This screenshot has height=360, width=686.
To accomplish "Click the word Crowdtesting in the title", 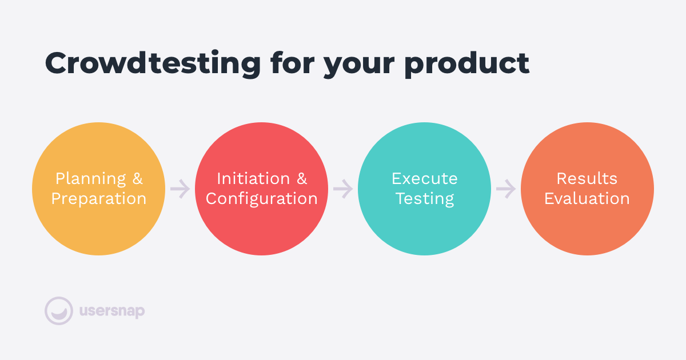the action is click(153, 63).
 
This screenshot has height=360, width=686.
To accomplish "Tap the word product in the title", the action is click(466, 64).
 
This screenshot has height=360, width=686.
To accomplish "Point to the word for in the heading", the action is click(293, 62).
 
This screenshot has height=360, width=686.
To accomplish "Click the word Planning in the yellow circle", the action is click(91, 179).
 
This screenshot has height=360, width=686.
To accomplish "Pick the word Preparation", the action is click(98, 199).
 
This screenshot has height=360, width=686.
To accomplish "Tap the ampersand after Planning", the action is click(138, 178).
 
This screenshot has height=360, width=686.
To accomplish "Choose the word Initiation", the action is click(253, 178).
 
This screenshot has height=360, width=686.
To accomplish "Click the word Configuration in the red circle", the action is click(262, 199).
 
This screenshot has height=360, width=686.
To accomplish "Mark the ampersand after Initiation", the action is click(302, 178).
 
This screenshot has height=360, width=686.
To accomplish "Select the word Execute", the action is click(424, 178).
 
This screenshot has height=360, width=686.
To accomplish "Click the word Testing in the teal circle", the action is click(425, 199).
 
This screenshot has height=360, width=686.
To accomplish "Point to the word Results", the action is click(587, 178).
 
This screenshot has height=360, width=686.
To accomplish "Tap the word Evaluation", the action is click(587, 199).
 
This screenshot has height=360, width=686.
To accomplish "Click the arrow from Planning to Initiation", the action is click(180, 189).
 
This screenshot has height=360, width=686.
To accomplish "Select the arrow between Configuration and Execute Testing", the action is click(343, 189).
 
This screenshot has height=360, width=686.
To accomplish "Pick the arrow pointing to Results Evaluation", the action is click(506, 189).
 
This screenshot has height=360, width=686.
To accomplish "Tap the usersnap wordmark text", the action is click(112, 311).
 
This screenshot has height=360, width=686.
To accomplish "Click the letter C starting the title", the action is click(57, 63).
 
